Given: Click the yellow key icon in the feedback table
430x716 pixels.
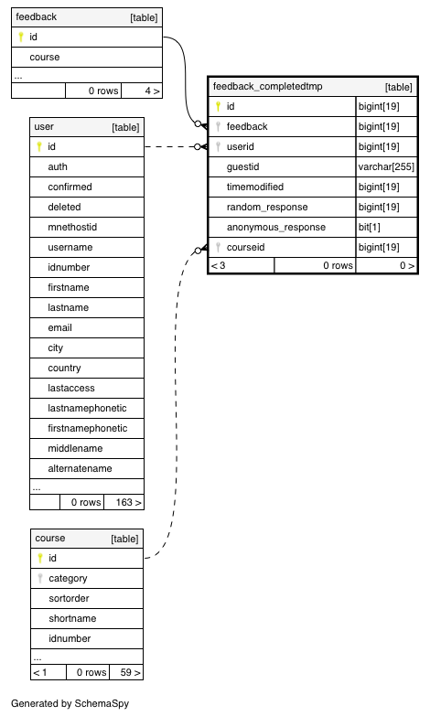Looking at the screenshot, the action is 20,37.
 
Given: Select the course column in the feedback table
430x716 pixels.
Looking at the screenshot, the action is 45,57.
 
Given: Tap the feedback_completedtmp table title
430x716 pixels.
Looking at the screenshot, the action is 268,86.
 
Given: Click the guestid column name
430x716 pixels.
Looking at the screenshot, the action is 242,166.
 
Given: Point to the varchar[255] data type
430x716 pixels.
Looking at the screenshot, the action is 386,166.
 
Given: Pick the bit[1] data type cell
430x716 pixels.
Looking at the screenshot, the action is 370,227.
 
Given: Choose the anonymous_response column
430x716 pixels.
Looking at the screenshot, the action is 276,227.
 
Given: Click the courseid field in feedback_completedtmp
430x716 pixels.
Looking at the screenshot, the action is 245,247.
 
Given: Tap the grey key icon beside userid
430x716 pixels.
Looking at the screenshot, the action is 218,146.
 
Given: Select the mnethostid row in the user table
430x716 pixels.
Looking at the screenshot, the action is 72,227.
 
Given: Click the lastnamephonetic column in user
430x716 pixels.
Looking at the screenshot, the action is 87,408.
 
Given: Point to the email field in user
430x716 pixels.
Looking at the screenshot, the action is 59,327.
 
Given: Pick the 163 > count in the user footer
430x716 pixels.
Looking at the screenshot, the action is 128,502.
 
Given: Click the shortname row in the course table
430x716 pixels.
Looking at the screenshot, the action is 72,618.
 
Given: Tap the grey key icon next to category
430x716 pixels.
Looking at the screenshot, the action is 39,578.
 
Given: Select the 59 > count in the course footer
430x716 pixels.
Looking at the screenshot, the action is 130,672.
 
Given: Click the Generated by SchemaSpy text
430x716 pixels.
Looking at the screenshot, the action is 70,703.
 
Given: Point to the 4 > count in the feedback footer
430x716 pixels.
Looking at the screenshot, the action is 152,91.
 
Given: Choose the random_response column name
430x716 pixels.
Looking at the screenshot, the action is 267,207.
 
